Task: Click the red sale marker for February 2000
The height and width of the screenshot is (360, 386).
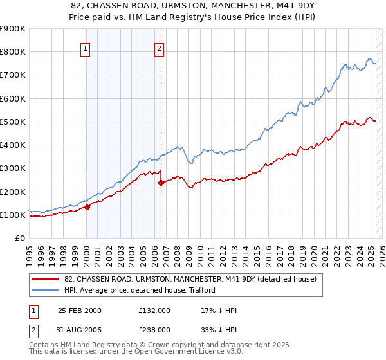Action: pyautogui.click(x=87, y=207)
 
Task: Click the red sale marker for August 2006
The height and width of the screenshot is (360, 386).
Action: pyautogui.click(x=161, y=183)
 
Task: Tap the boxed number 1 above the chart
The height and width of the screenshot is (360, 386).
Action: pyautogui.click(x=86, y=46)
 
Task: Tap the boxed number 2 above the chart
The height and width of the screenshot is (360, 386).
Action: pyautogui.click(x=159, y=46)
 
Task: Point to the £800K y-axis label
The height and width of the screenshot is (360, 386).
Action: pyautogui.click(x=13, y=52)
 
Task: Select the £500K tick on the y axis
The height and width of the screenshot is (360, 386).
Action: pyautogui.click(x=13, y=122)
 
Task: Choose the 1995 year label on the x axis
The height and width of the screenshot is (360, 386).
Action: pyautogui.click(x=30, y=251)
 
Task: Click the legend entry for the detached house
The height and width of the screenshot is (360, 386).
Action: pyautogui.click(x=190, y=280)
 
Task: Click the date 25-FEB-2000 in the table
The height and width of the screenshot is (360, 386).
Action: pyautogui.click(x=80, y=310)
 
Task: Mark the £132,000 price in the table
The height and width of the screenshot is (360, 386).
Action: pyautogui.click(x=154, y=310)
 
